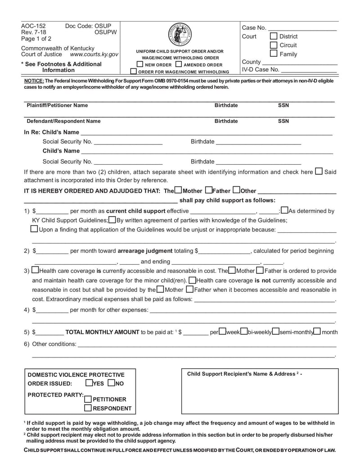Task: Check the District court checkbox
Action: coord(274,36)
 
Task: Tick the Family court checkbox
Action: coord(274,54)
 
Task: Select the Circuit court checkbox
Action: coord(274,45)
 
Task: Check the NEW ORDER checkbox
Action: coord(140,64)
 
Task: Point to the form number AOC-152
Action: coord(33,26)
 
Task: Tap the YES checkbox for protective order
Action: coord(89,383)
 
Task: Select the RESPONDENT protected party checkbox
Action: coord(88,408)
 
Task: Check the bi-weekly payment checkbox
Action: coord(244,331)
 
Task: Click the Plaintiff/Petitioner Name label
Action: coord(57,105)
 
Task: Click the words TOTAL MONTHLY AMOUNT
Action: coord(102,332)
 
